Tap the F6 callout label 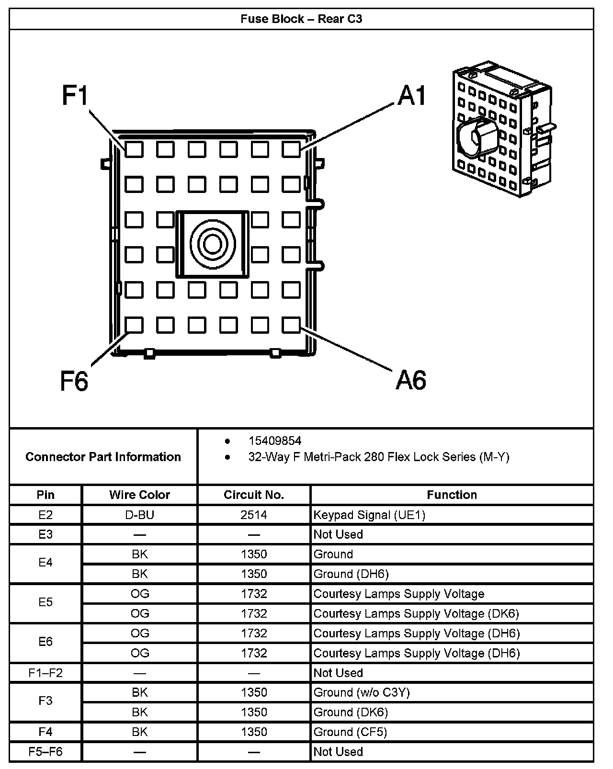tap(74, 381)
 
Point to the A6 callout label tap(411, 380)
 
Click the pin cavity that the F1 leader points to tap(134, 149)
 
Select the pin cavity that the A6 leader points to tap(291, 325)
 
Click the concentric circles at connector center tap(212, 244)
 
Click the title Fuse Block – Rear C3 tap(301, 19)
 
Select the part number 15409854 tap(274, 441)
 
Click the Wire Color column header tap(139, 495)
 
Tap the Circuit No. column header tap(254, 495)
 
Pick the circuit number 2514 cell tap(254, 515)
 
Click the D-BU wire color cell tap(139, 515)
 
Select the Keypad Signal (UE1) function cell tap(369, 515)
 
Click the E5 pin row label tap(45, 602)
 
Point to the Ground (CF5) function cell tap(350, 732)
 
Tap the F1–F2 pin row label tap(45, 673)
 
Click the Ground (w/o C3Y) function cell tap(362, 692)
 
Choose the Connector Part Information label tap(103, 457)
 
